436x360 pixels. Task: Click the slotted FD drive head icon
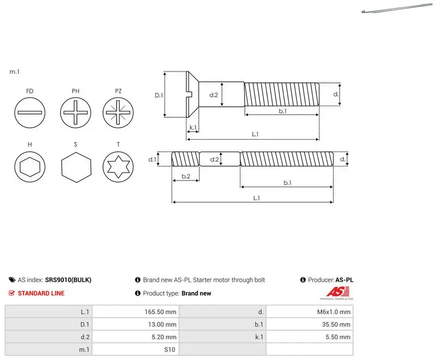(30, 113)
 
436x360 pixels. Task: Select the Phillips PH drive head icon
(76, 113)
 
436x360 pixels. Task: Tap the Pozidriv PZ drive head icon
(118, 113)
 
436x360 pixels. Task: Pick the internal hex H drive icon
(30, 167)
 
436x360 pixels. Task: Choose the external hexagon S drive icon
(76, 167)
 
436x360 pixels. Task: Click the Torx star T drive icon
(118, 167)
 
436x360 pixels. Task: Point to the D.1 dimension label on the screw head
(159, 95)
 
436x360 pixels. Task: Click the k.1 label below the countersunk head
(193, 128)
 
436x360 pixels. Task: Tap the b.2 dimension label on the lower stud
(186, 176)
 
